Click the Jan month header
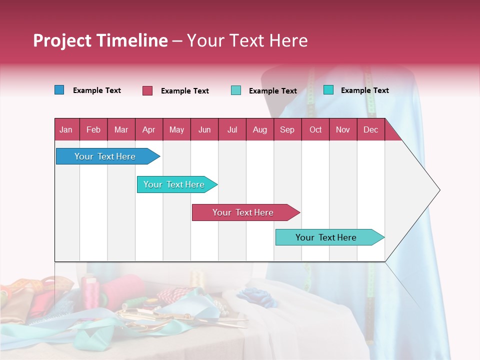pos(66,129)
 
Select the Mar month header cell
pos(121,129)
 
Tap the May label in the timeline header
pos(176,129)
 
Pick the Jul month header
pos(232,129)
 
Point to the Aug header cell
pos(260,129)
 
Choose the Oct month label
pos(315,129)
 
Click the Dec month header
pos(370,129)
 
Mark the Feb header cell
pos(93,129)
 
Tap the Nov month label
pos(343,129)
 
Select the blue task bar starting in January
pos(105,156)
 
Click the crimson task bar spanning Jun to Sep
pos(243,212)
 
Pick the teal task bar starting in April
pos(174,184)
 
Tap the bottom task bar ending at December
pos(326,237)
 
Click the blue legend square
pos(59,90)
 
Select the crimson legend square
pos(147,90)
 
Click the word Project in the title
pos(62,40)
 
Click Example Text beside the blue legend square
pos(97,90)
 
